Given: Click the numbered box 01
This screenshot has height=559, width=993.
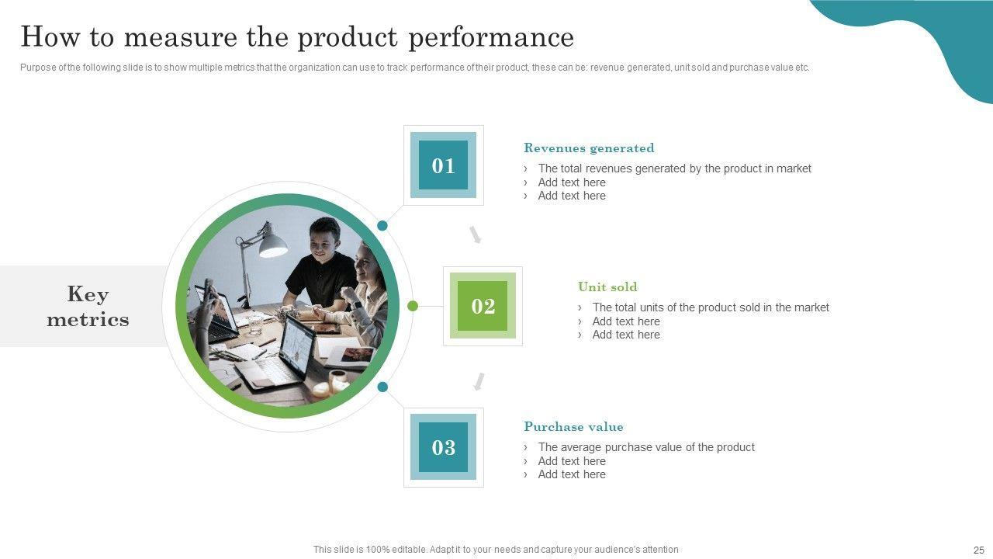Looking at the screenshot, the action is click(443, 165).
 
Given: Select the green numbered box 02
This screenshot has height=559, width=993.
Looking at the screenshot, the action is click(483, 306).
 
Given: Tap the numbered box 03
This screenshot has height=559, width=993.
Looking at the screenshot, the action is click(443, 447).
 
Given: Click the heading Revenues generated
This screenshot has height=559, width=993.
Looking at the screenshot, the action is click(589, 148).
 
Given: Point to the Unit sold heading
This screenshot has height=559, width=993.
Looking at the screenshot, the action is click(607, 286).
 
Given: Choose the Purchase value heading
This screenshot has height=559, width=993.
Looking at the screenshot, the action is click(573, 426).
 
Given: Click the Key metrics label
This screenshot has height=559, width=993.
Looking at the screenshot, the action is click(88, 306).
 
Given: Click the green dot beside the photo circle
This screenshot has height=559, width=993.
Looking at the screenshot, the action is click(412, 306).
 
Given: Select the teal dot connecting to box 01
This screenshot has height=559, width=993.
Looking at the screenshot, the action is click(382, 225).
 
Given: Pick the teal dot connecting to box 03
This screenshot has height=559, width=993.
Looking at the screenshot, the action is click(382, 387).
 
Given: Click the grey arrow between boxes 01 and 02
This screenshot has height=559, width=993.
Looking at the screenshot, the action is click(476, 234).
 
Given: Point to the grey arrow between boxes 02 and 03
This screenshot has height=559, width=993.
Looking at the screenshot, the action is click(479, 381).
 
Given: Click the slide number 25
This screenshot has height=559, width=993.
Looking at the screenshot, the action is click(979, 550).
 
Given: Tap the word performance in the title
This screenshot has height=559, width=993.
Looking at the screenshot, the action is click(491, 37).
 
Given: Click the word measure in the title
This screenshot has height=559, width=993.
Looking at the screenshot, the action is click(181, 37).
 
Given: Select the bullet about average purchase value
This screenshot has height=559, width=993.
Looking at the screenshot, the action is click(646, 446).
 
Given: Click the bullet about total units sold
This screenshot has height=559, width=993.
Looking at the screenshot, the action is click(710, 307).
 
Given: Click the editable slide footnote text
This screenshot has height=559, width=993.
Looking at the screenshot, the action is click(496, 549).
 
